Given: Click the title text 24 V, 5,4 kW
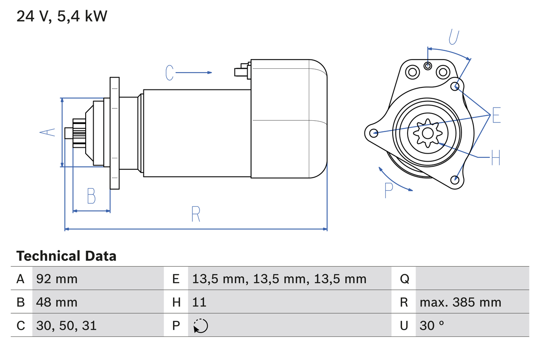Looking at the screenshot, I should click(x=62, y=16).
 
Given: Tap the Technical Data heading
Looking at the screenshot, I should click(x=66, y=256).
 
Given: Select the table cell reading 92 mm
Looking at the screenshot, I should click(x=57, y=279).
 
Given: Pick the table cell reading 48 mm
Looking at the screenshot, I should click(x=57, y=302).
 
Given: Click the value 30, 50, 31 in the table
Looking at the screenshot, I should click(x=66, y=325).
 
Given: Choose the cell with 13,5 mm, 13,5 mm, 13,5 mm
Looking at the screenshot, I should click(x=279, y=279).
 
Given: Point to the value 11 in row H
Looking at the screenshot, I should click(x=199, y=302).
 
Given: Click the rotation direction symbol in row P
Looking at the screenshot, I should click(x=200, y=326).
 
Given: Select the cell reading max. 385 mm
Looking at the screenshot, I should click(x=460, y=302).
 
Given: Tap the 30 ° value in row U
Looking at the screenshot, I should click(x=432, y=325).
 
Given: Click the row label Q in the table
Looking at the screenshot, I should click(x=404, y=279).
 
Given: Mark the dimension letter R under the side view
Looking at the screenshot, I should click(x=195, y=214).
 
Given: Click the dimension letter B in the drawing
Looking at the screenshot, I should click(x=91, y=196).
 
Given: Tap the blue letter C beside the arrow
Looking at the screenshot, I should click(x=169, y=73).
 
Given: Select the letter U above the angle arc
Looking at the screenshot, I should click(x=454, y=37).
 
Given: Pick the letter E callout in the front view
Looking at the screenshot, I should click(x=496, y=115).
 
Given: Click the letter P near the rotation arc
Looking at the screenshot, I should click(x=389, y=190).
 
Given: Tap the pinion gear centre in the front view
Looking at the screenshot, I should click(x=428, y=133).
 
